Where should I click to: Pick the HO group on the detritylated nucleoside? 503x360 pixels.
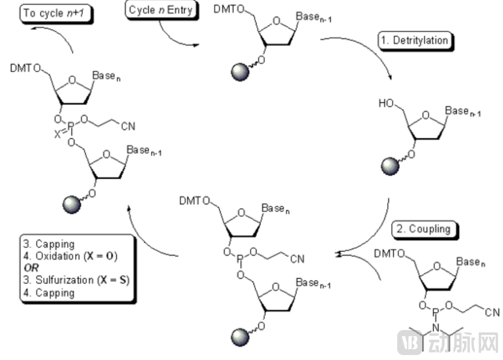pos(386,104)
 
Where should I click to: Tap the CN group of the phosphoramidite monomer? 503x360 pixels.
pos(492,313)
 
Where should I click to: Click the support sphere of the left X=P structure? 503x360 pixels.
pos(71,204)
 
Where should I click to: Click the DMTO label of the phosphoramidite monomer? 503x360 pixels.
pos(388,254)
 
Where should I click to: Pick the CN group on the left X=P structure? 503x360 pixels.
pos(128,126)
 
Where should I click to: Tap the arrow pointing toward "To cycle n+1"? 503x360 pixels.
pos(47,35)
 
